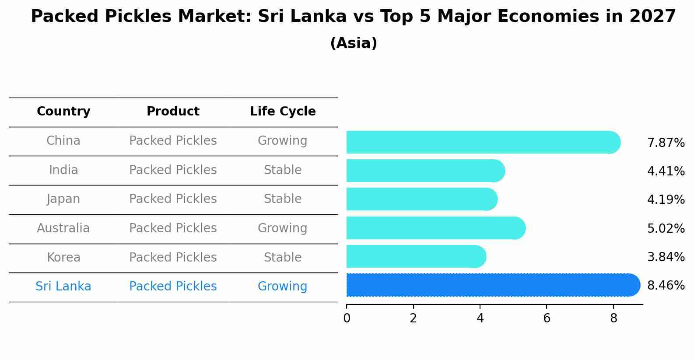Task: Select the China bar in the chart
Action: [x=481, y=142]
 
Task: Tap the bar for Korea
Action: [x=416, y=256]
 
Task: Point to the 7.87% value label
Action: [x=666, y=143]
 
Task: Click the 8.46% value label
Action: [x=666, y=286]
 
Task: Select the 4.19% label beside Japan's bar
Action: [x=666, y=200]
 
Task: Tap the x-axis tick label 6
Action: [x=547, y=319]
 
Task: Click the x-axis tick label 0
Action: [x=347, y=319]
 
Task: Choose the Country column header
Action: [x=63, y=112]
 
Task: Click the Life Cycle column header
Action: [x=283, y=112]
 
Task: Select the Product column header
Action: [x=173, y=112]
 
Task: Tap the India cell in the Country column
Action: [x=63, y=170]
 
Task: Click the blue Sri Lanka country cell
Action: [x=63, y=287]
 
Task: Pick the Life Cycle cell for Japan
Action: [x=283, y=199]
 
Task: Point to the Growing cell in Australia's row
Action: [x=283, y=228]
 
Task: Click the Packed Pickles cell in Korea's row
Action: [x=173, y=258]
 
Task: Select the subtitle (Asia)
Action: [x=354, y=43]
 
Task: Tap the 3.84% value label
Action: [x=666, y=257]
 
